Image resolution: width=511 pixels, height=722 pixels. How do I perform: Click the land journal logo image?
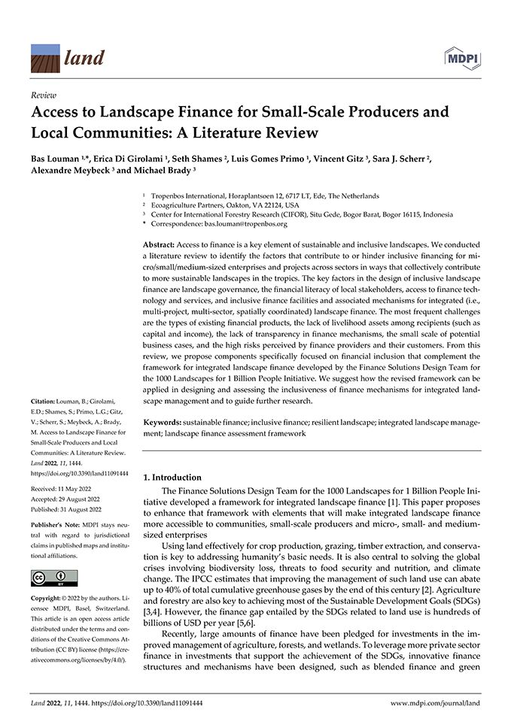pos(45,57)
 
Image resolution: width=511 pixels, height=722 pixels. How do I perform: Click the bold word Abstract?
pos(162,246)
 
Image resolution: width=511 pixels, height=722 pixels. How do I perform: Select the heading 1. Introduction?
pos(172,477)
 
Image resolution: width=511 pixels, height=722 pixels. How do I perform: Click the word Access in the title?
pos(56,113)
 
